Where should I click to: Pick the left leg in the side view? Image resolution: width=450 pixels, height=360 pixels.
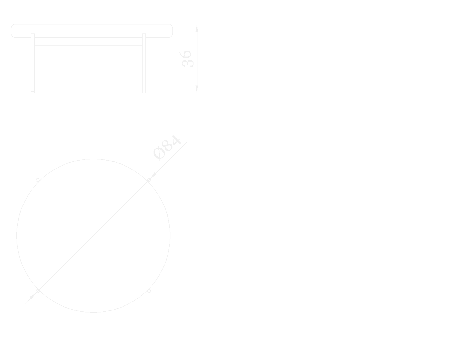33,63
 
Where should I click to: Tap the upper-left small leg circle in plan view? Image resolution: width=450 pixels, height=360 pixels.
38,180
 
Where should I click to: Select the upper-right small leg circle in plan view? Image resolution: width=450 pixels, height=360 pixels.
149,180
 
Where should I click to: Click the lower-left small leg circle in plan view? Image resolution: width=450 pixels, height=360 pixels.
38,291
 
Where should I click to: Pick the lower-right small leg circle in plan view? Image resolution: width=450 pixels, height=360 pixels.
149,291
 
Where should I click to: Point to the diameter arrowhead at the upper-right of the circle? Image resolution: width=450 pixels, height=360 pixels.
154,175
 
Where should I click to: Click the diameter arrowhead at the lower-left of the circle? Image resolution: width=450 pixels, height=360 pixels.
33,296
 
